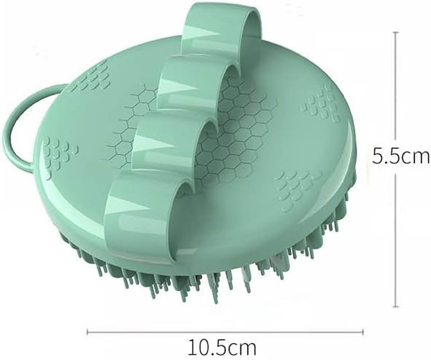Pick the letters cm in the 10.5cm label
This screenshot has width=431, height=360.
pyautogui.click(x=241, y=348)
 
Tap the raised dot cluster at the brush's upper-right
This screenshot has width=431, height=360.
pyautogui.click(x=322, y=103)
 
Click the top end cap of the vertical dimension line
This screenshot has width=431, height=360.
pyautogui.click(x=396, y=32)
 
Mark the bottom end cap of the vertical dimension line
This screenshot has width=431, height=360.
pyautogui.click(x=396, y=307)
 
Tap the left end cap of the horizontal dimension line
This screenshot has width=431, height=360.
pyautogui.click(x=87, y=333)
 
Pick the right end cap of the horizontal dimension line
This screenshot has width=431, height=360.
pyautogui.click(x=363, y=333)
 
